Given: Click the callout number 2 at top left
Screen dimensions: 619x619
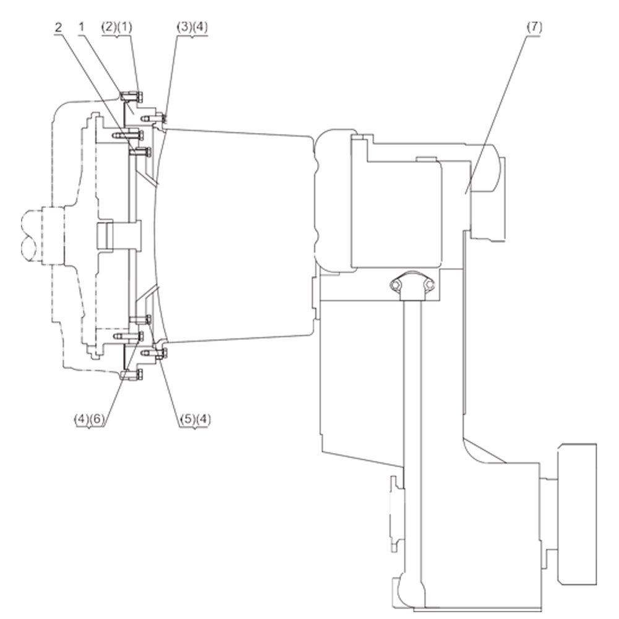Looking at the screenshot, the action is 58,28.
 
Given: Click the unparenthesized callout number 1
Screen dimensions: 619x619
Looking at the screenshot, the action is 82,27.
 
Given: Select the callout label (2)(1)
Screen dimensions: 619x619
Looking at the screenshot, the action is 117,27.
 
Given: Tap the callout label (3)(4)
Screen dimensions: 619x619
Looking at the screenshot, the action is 193,27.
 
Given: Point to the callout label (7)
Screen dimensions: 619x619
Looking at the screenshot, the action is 535,27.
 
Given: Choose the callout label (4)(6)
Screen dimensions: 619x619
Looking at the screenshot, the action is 90,419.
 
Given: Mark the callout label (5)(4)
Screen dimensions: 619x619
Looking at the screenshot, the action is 196,419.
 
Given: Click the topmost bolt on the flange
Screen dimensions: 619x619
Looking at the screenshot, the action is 131,96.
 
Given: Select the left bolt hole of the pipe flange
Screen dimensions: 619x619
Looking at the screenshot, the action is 395,284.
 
